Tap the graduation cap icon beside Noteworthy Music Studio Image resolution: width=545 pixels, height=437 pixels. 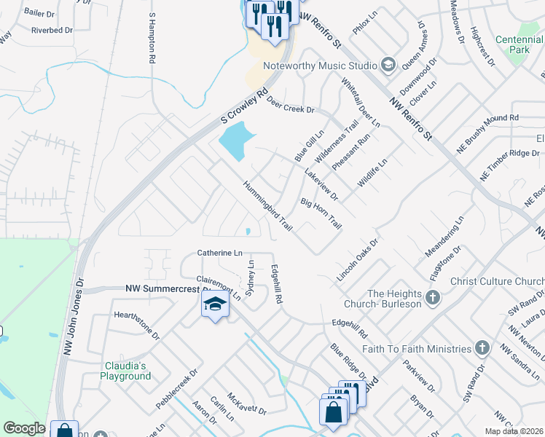point(388,66)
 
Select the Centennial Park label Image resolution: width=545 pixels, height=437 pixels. point(519,44)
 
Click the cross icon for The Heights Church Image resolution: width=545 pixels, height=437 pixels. point(433,297)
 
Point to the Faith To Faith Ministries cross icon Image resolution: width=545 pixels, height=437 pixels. point(482,348)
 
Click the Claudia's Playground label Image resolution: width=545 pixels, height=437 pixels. point(125,371)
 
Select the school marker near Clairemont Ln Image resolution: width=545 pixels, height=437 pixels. point(216,305)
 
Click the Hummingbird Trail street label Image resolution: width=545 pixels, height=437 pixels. point(268,207)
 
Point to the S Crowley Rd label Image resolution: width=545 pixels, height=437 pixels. point(241,109)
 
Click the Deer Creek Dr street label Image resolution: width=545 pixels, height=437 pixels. point(290,105)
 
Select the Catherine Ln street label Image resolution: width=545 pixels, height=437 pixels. point(219,253)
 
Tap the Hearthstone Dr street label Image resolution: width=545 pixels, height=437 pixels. point(136,325)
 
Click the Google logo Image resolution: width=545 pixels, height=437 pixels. point(24,428)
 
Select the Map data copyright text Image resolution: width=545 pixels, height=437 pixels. point(514,431)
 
